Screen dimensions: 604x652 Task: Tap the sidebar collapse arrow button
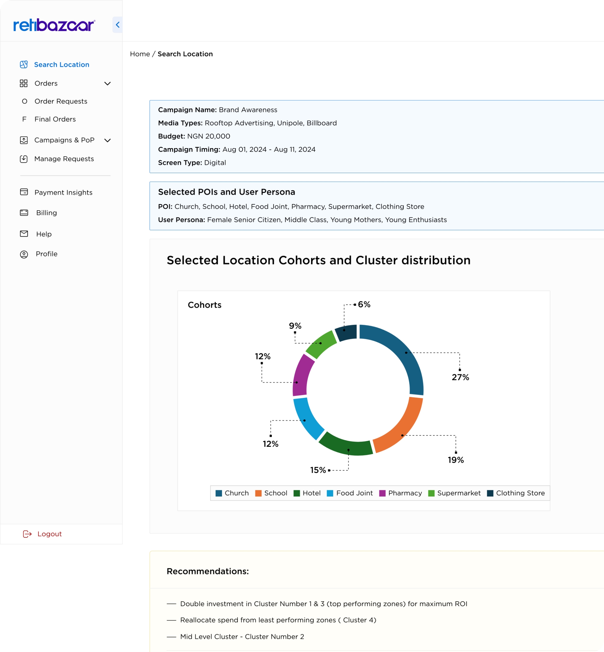point(117,24)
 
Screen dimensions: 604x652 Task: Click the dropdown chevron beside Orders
point(107,83)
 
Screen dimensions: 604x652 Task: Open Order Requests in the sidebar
point(61,101)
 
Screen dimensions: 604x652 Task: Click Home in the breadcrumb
point(140,54)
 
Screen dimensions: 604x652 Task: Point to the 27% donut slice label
point(460,377)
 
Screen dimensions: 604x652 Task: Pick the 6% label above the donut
point(364,304)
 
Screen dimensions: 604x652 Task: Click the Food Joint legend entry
point(350,493)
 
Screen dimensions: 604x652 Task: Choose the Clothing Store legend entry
point(516,493)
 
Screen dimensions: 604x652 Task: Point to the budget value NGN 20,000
point(208,136)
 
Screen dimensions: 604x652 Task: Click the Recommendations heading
point(208,571)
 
